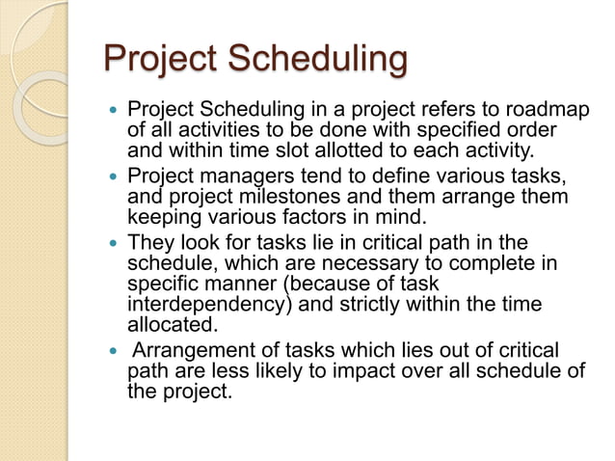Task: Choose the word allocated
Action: [168, 327]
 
